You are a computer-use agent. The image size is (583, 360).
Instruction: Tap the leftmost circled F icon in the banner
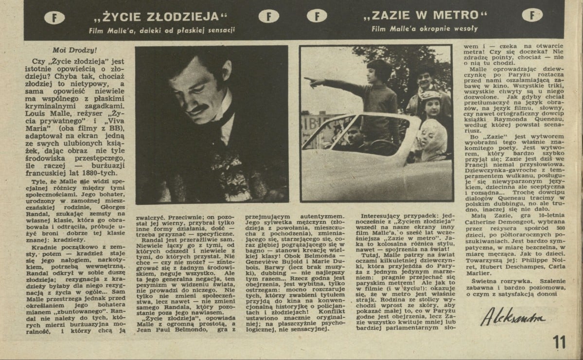point(53,18)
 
